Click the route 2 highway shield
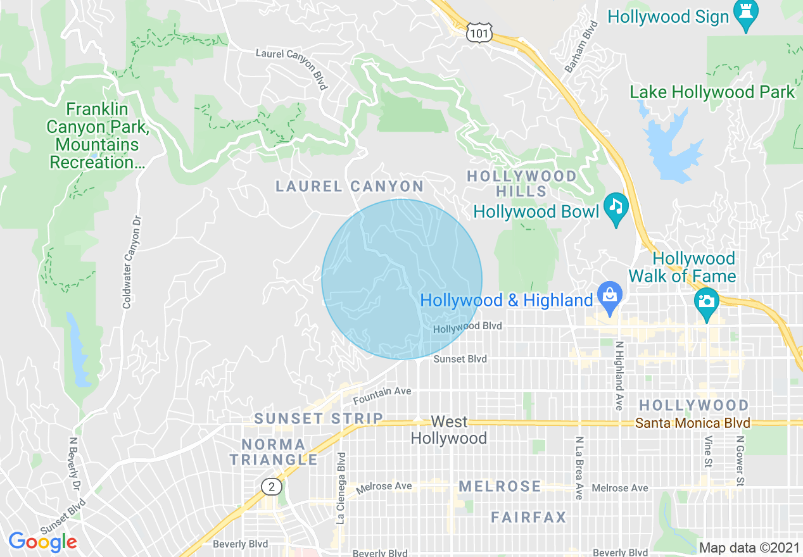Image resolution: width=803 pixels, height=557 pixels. [272, 486]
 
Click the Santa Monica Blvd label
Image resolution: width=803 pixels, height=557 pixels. [693, 423]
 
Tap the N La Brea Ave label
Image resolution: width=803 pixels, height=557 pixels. [579, 468]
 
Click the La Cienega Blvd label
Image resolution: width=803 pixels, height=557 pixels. [341, 488]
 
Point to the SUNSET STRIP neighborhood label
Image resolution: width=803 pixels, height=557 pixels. [319, 418]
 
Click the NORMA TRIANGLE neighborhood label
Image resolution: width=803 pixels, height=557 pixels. [274, 452]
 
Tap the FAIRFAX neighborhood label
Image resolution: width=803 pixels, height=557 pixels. [529, 518]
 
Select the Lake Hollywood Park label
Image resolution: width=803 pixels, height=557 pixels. [712, 92]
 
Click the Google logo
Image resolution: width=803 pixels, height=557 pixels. [42, 542]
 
